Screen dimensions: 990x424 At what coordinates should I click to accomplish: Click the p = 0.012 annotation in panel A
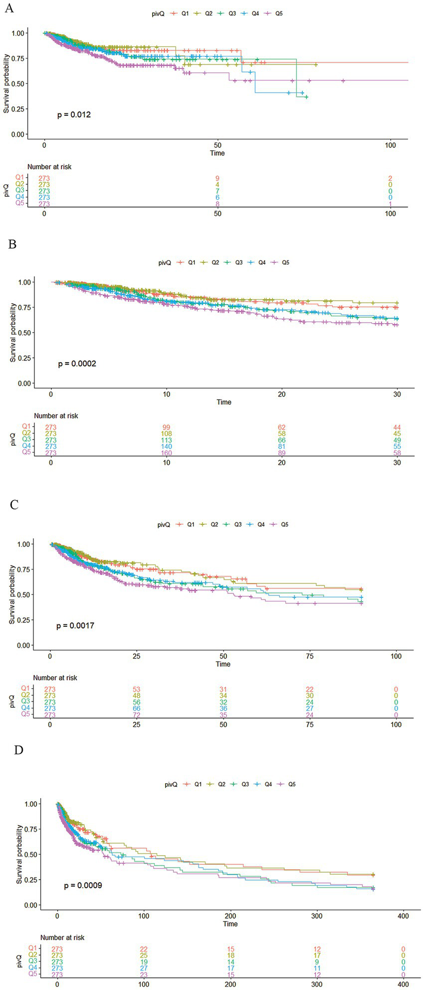[x=74, y=115]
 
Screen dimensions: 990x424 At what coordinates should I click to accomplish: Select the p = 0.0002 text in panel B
[x=77, y=364]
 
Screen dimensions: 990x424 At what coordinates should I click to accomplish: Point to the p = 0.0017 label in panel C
[x=75, y=625]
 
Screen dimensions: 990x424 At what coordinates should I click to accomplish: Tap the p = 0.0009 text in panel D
[x=83, y=885]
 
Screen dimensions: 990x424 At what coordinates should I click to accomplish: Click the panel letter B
[x=13, y=245]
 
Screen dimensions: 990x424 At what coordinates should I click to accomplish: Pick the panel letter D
[x=18, y=750]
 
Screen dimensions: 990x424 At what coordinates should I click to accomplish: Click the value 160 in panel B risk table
[x=166, y=453]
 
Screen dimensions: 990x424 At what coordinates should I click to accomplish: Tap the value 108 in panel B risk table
[x=166, y=434]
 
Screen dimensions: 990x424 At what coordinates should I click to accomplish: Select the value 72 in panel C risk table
[x=137, y=715]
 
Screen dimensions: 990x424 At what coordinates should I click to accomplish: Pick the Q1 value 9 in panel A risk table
[x=217, y=178]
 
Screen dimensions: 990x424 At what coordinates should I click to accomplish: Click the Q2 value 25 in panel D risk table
[x=144, y=955]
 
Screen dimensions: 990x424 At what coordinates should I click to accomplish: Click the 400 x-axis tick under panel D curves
[x=403, y=916]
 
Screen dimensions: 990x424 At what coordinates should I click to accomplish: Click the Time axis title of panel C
[x=223, y=664]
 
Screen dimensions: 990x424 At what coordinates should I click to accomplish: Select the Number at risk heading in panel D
[x=62, y=938]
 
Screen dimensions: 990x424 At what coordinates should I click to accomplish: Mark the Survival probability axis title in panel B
[x=12, y=332]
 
